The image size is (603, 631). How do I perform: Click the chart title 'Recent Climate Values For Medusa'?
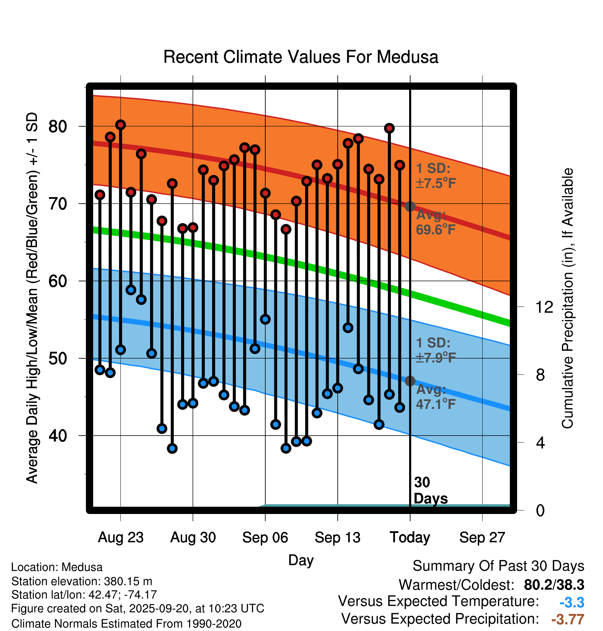tap(301, 57)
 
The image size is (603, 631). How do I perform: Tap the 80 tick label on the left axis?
tap(58, 127)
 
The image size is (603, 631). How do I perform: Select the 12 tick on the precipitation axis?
tap(544, 307)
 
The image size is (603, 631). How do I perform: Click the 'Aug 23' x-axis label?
tap(120, 537)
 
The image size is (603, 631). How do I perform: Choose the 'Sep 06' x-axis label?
tap(265, 537)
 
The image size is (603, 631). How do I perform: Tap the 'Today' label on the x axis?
tap(410, 537)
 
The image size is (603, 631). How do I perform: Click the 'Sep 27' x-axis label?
tap(482, 537)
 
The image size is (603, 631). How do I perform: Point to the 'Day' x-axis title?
tap(301, 560)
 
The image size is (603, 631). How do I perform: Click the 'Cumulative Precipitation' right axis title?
tap(567, 298)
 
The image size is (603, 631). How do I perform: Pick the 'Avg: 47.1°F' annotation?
tap(435, 397)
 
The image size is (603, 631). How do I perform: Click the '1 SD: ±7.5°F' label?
tap(435, 176)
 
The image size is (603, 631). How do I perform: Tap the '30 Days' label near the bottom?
tap(430, 491)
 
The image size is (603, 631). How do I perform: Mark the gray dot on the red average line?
tap(410, 206)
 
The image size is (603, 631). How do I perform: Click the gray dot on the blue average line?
tap(410, 381)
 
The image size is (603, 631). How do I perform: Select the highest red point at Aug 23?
tap(120, 125)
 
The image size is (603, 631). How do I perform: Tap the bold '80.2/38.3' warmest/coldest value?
tap(554, 585)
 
